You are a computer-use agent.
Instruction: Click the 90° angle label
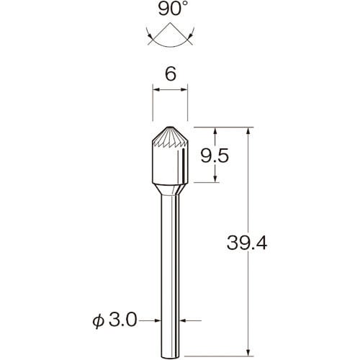pyautogui.click(x=170, y=9)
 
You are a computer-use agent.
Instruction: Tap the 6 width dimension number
pyautogui.click(x=171, y=73)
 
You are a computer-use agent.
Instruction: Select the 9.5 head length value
pyautogui.click(x=215, y=156)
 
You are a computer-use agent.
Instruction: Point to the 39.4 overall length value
pyautogui.click(x=247, y=243)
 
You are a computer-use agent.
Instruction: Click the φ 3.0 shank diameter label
pyautogui.click(x=114, y=320)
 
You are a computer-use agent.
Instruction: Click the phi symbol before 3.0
pyautogui.click(x=99, y=321)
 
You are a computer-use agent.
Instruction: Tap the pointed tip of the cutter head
pyautogui.click(x=170, y=127)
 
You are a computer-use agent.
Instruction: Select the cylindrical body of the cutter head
pyautogui.click(x=170, y=164)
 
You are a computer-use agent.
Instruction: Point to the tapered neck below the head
pyautogui.click(x=170, y=189)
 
